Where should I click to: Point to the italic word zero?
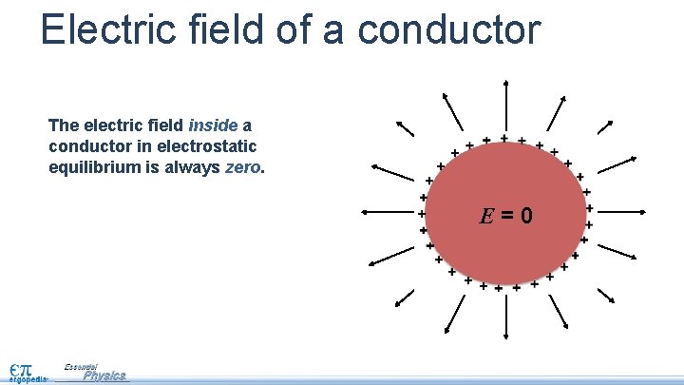(243, 167)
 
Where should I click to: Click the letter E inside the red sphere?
(485, 216)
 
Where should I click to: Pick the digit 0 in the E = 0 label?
(525, 216)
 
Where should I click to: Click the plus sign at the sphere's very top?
(503, 138)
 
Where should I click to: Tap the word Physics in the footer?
(104, 375)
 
